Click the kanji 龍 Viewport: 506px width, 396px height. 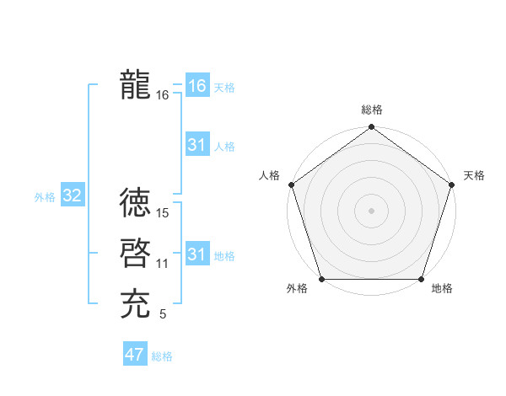pos(135,85)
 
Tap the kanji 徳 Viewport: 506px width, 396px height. pos(135,202)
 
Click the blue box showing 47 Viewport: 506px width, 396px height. pos(134,355)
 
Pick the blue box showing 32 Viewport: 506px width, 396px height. pos(72,196)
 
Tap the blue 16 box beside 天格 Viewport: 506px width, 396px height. pos(197,86)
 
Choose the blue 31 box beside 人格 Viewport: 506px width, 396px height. pos(197,145)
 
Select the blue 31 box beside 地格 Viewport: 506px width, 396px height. pos(197,254)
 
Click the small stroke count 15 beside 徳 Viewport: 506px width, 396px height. pos(164,212)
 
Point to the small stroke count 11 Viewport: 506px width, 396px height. pos(163,264)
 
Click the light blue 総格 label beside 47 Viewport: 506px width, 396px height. pos(162,356)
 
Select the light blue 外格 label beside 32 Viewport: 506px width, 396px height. pos(45,197)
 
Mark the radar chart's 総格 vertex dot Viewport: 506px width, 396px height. pos(371,127)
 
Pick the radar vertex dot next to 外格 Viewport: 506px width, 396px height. pos(322,279)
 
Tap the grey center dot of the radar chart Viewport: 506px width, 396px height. pos(371,210)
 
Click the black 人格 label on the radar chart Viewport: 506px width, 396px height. pos(269,175)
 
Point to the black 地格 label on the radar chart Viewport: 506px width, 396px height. pos(442,289)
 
